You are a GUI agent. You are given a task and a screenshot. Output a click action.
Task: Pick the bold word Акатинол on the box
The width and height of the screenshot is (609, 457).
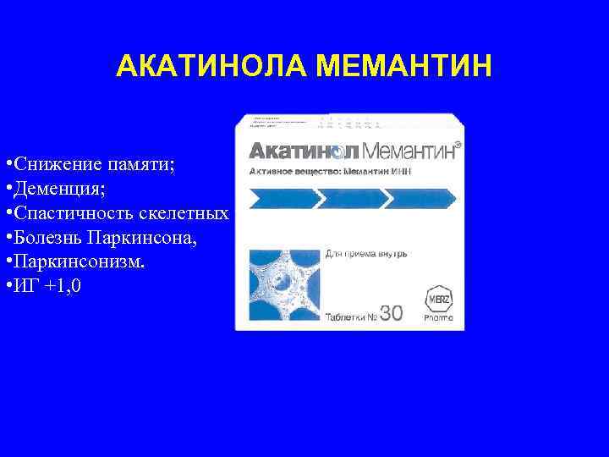pos(304,151)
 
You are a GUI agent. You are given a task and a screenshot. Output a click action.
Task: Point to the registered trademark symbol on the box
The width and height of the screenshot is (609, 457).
pos(458,146)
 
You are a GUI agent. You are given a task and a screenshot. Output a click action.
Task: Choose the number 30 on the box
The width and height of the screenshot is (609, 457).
pos(391,314)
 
